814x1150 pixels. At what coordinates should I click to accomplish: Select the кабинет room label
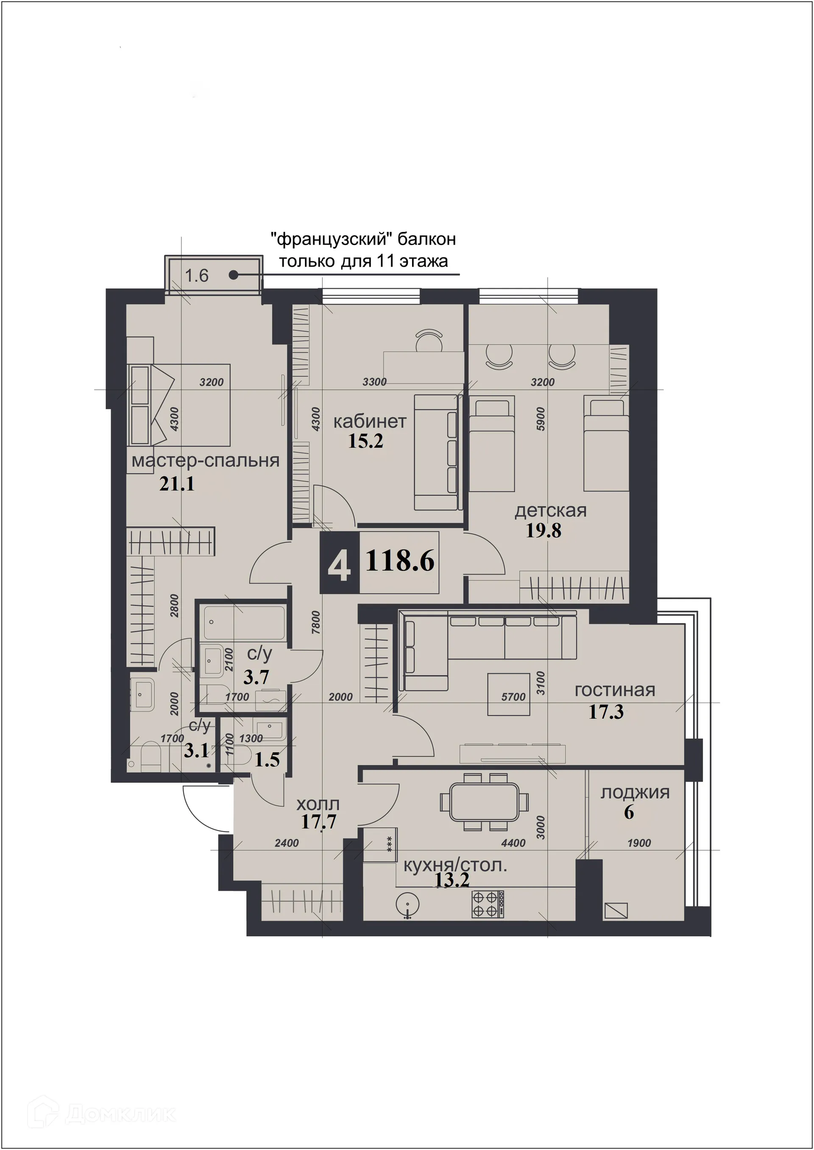370,421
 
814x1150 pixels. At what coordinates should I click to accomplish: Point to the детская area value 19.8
544,530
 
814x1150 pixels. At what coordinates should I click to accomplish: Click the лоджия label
635,793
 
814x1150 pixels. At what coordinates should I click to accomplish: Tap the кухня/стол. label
455,865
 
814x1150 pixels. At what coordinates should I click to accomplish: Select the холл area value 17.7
318,822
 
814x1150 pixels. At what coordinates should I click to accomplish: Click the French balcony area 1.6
196,276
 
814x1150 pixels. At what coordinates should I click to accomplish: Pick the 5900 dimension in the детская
540,419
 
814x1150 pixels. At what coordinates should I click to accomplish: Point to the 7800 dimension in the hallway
316,622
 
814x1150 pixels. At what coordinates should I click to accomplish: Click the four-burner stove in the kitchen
488,904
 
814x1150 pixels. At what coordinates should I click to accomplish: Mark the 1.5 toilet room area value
267,759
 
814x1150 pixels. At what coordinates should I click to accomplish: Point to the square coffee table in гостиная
509,694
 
